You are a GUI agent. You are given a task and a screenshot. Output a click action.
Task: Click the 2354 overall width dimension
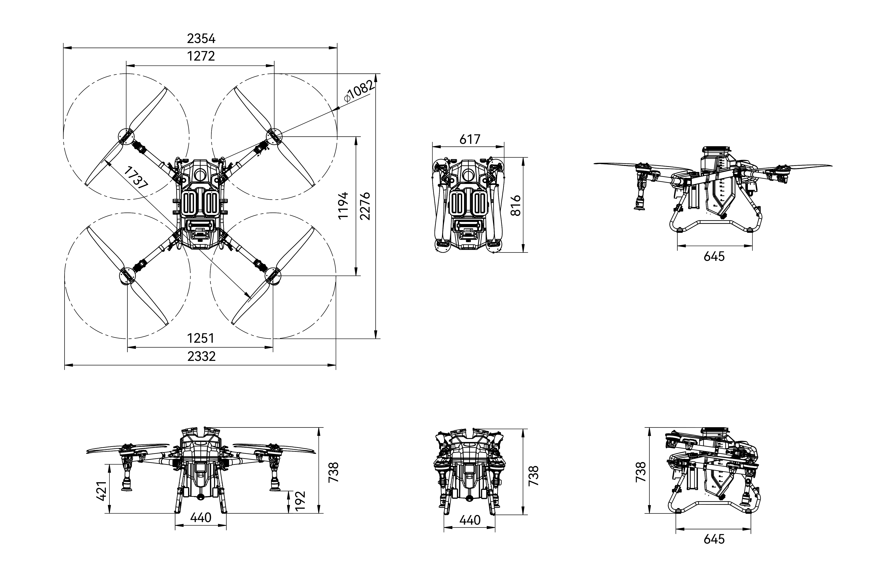point(201,38)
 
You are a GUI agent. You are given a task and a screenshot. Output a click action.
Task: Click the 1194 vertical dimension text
point(343,206)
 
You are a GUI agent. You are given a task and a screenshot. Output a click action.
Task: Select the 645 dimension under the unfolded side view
point(714,256)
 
